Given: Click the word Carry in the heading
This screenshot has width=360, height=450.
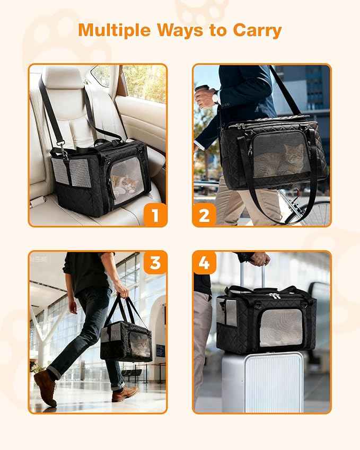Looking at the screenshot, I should (x=256, y=30).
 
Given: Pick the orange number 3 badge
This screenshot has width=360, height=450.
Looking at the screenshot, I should (x=155, y=262).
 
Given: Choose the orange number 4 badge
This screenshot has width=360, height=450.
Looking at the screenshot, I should (x=205, y=262).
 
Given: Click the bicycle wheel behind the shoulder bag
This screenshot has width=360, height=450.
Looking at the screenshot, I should (x=313, y=212).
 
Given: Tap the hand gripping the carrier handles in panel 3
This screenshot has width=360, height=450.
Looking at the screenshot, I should (x=122, y=291).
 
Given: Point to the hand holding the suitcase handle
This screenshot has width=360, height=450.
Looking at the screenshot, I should (x=260, y=259).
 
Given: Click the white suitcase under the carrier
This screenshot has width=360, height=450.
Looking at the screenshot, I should (x=262, y=382).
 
